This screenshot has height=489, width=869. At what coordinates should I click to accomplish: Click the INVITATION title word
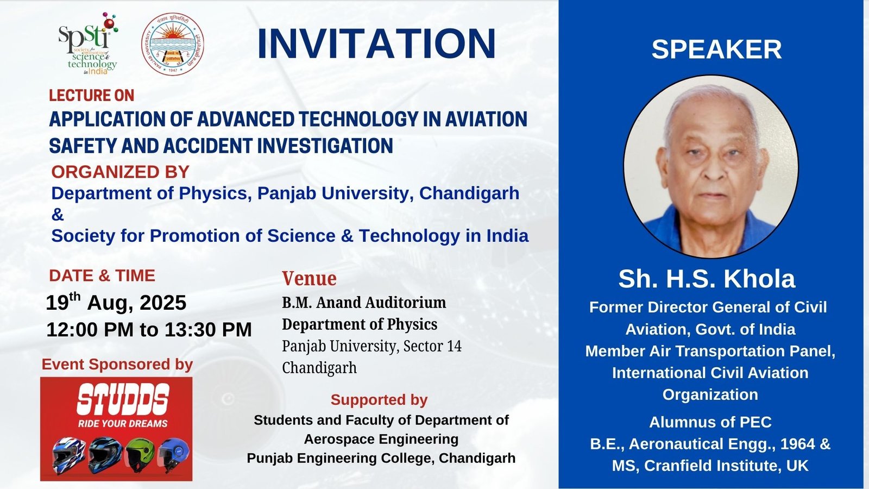tap(376, 43)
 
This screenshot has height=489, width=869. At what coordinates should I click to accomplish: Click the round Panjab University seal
tap(173, 45)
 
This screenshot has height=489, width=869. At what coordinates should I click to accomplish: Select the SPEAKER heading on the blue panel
tap(716, 49)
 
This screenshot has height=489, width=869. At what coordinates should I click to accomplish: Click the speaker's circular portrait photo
tap(710, 166)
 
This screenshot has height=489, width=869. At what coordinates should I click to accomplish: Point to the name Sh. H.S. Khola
tap(707, 279)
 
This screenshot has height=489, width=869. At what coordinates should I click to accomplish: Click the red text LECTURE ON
tap(91, 96)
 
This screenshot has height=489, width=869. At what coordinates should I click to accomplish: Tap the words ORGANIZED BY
tap(120, 172)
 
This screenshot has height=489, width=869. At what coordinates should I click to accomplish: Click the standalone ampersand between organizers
tap(58, 215)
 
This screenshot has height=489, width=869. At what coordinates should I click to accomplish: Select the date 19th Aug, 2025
tap(116, 302)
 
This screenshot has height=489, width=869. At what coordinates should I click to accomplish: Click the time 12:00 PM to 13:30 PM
tap(149, 329)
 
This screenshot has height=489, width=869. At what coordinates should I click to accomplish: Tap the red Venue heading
tap(309, 278)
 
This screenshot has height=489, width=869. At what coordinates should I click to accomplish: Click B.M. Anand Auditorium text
tap(364, 302)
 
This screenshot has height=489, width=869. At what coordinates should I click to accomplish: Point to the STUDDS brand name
tap(123, 399)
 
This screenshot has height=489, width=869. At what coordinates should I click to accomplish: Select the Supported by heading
tap(379, 399)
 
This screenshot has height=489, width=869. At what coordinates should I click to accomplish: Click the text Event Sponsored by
tap(117, 364)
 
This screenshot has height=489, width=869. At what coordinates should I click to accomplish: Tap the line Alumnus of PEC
tap(710, 422)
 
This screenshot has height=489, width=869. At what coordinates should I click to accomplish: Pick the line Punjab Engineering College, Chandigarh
tap(381, 458)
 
